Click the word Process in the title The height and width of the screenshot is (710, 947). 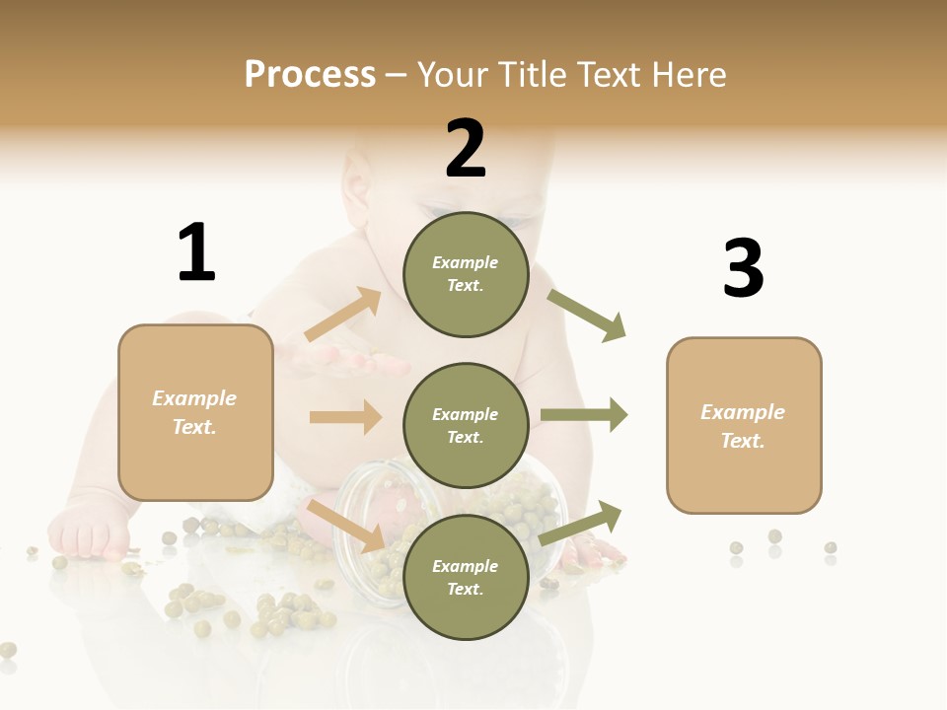310,74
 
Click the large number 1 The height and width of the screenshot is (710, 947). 196,252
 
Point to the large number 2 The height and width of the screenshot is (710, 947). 466,148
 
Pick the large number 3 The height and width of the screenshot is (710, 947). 743,268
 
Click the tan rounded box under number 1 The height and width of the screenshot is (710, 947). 195,412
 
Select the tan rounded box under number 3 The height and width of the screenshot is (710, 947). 744,426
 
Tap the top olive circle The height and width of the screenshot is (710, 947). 466,274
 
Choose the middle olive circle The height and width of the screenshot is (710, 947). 466,425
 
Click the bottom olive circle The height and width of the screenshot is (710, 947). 466,577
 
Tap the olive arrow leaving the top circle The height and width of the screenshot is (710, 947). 587,316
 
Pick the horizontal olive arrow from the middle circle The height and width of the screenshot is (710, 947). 583,415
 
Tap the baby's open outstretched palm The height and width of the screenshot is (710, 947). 345,362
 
